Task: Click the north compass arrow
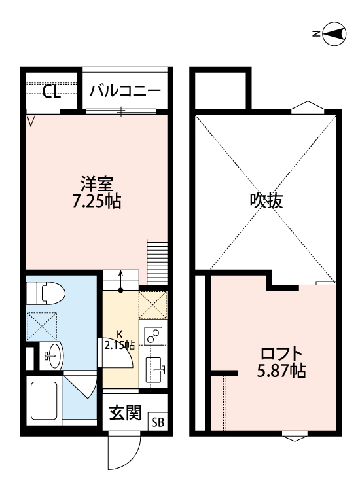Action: click(334, 34)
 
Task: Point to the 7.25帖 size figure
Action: click(96, 201)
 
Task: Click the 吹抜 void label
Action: click(266, 201)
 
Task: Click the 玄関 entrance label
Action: click(125, 413)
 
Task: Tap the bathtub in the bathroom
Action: click(45, 397)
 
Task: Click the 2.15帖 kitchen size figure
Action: click(119, 345)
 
